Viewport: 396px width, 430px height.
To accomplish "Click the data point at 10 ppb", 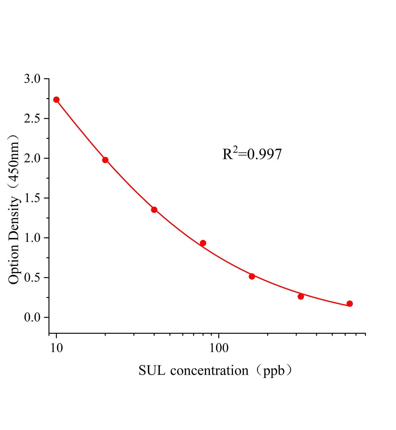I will [x=56, y=100].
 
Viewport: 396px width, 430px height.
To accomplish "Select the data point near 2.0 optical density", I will [x=105, y=160].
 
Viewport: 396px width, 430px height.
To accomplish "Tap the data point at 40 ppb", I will [x=154, y=210].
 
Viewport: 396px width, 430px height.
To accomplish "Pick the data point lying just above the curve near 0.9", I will [x=203, y=243].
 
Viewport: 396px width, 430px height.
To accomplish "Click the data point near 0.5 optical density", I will [x=252, y=276].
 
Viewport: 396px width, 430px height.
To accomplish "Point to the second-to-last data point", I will [x=301, y=296].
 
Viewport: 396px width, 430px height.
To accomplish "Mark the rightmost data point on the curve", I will [x=350, y=304].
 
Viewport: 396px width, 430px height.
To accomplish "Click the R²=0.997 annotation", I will [x=252, y=154].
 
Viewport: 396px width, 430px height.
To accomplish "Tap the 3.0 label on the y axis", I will [x=32, y=79].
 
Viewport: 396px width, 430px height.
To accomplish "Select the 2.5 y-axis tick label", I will [x=32, y=119].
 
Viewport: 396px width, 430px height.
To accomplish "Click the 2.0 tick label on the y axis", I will [x=32, y=159].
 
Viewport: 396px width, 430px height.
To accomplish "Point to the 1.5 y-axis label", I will [x=32, y=198].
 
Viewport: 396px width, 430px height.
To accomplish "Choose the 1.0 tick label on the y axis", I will [x=32, y=238].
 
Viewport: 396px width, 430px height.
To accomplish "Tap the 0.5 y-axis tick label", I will [x=32, y=278].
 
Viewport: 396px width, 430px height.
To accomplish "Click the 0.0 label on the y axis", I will [x=32, y=318].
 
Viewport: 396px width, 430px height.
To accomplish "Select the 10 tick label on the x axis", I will [x=56, y=348].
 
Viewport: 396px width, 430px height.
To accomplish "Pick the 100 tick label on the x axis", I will [x=219, y=348].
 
